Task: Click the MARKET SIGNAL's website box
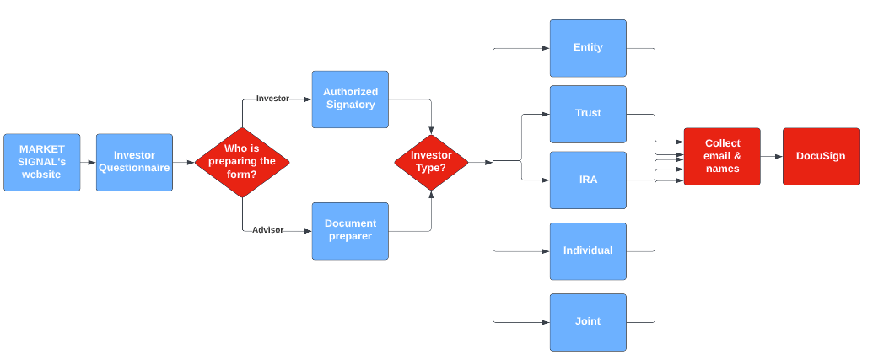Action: click(x=42, y=162)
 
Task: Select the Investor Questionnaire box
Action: click(x=134, y=162)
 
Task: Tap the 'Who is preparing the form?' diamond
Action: click(x=242, y=162)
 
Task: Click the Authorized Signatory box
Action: click(x=350, y=99)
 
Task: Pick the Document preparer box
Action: click(x=350, y=231)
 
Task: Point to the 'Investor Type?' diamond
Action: click(x=431, y=163)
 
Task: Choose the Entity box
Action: click(x=588, y=48)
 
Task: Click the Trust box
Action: click(x=588, y=114)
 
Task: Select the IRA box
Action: click(x=588, y=180)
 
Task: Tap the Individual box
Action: click(x=588, y=251)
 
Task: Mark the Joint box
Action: click(x=588, y=322)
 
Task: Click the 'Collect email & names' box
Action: click(x=722, y=156)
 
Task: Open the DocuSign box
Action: click(x=821, y=156)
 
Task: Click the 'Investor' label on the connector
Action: click(x=272, y=99)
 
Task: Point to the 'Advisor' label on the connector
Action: click(x=267, y=230)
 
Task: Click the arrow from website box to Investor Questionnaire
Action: click(x=88, y=163)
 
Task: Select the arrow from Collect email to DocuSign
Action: click(x=772, y=156)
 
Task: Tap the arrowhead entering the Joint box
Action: click(x=547, y=322)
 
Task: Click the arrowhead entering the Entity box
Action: click(x=547, y=48)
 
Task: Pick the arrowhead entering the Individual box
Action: click(x=547, y=251)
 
